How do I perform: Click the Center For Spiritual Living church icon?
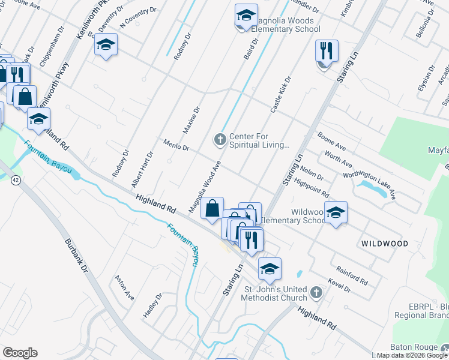tap(220, 140)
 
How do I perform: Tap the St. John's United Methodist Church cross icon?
tap(316, 293)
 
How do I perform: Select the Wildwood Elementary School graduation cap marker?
tap(336, 212)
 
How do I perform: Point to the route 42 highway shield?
tap(14, 180)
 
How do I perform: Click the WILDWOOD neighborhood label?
tap(385, 244)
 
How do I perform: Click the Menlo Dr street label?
tap(176, 144)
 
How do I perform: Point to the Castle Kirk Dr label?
tap(280, 95)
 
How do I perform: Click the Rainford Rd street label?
tap(352, 275)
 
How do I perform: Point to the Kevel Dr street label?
tap(340, 286)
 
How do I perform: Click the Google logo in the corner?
tap(20, 353)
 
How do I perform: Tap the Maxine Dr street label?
tap(191, 120)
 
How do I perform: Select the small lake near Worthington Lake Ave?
tap(372, 189)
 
